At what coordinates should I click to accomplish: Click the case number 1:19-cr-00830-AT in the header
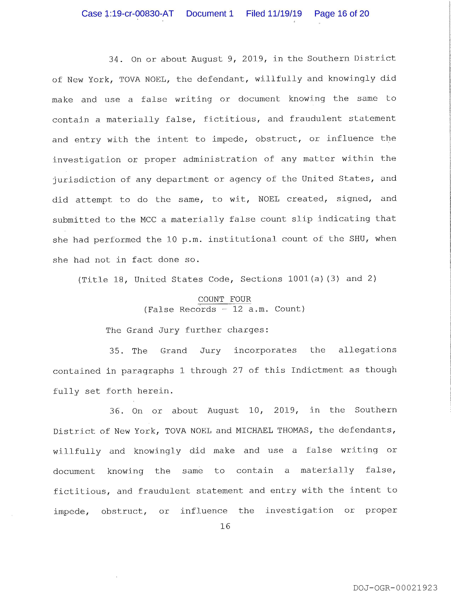(128, 14)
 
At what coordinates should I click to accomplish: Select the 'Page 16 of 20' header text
(342, 14)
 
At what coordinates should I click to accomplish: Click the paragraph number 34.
(115, 59)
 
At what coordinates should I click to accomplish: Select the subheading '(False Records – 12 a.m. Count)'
(224, 309)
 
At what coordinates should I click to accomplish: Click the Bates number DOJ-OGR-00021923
(395, 588)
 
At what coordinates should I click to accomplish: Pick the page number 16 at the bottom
(225, 526)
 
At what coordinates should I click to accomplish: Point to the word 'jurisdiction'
(84, 180)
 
